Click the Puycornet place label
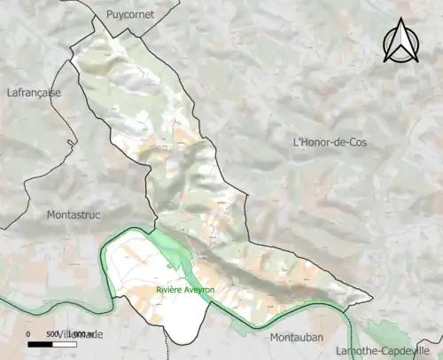(x=130, y=15)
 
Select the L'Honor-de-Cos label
(x=329, y=142)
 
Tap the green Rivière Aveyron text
(x=185, y=290)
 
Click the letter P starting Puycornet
(x=109, y=15)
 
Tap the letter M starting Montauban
(x=270, y=338)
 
